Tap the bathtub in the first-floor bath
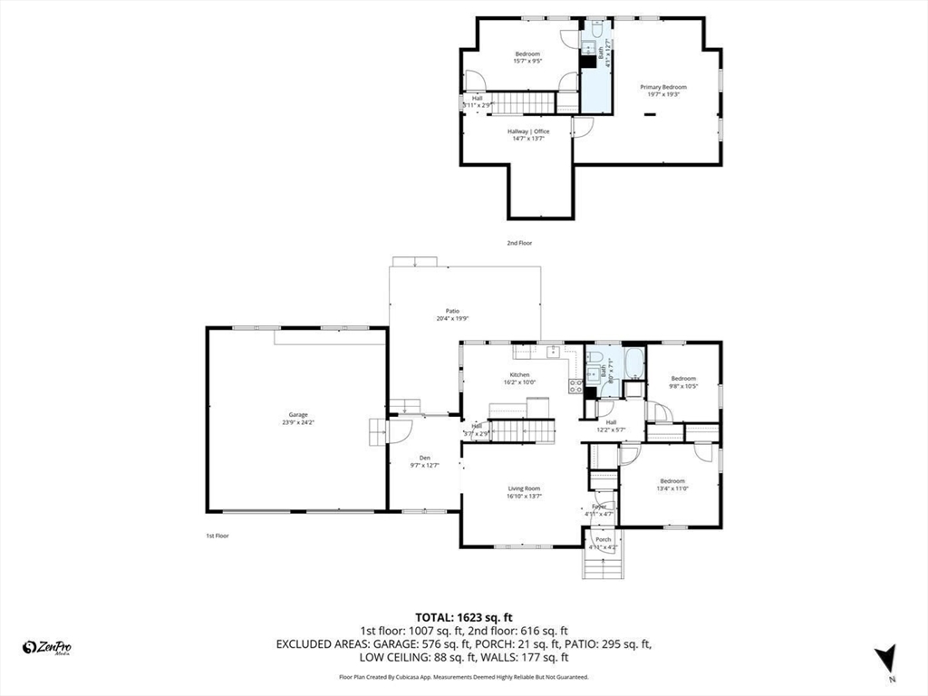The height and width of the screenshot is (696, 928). click(x=633, y=364)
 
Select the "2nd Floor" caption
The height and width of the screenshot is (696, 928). click(x=519, y=243)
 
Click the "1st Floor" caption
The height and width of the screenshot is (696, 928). click(x=217, y=536)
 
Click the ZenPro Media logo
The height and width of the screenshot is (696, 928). click(x=47, y=647)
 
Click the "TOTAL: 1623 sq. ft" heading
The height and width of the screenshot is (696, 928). click(x=463, y=616)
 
